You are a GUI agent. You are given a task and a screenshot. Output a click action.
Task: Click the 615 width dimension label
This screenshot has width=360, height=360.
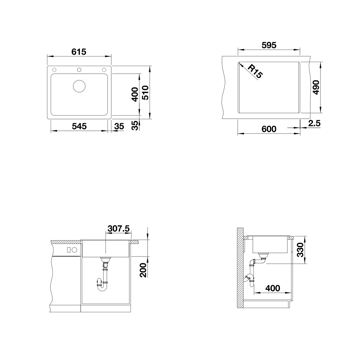tap(79, 52)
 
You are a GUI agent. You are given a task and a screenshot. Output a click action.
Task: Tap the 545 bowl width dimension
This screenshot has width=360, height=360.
tap(79, 126)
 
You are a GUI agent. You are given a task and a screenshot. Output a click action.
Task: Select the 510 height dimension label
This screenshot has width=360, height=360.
tap(145, 93)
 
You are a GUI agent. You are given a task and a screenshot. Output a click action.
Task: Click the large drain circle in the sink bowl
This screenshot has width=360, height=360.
tap(79, 86)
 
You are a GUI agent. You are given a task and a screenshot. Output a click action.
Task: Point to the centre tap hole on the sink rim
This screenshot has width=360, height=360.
tap(79, 70)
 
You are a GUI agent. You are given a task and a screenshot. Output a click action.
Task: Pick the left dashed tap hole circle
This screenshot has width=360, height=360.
tap(54, 70)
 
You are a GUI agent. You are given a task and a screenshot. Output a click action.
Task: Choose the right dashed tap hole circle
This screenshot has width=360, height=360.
tap(104, 70)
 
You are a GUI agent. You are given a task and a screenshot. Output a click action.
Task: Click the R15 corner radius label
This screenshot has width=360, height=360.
tap(255, 72)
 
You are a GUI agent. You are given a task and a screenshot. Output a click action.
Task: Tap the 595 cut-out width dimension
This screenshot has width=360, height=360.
tap(269, 45)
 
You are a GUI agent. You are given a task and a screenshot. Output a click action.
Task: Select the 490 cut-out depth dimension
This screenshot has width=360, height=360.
tap(316, 87)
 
